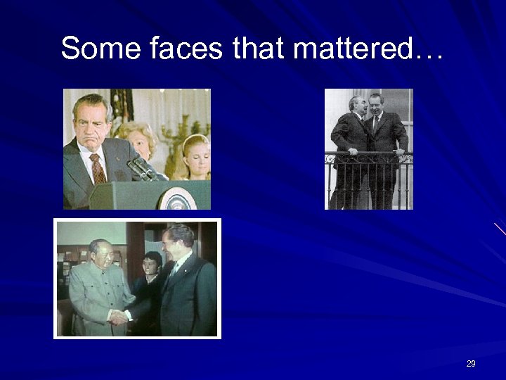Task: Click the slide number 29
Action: click(471, 364)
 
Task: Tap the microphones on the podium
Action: click(141, 168)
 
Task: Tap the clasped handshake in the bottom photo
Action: click(120, 317)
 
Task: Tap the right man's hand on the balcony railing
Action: click(400, 151)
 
